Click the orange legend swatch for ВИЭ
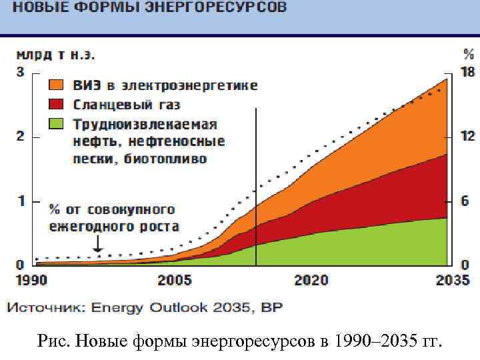point(56,86)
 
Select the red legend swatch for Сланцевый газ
point(56,105)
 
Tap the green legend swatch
point(56,123)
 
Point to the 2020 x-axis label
point(311,280)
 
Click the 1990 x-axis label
point(31,280)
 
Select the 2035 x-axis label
point(453,280)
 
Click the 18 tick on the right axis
point(468,72)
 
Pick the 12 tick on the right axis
point(468,136)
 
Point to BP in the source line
point(273,307)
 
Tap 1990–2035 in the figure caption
point(377,342)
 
